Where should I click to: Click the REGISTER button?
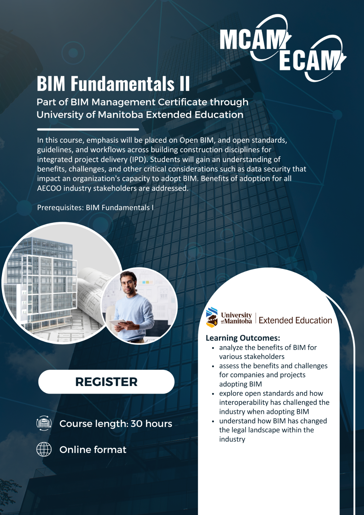pyautogui.click(x=106, y=382)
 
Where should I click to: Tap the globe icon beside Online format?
pyautogui.click(x=44, y=449)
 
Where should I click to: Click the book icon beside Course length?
pyautogui.click(x=44, y=423)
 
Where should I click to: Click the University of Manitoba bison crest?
pyautogui.click(x=212, y=317)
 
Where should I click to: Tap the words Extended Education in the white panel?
pyautogui.click(x=295, y=320)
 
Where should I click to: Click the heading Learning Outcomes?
pyautogui.click(x=243, y=338)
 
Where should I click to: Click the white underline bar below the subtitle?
pyautogui.click(x=88, y=130)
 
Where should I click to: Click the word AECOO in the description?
pyautogui.click(x=49, y=188)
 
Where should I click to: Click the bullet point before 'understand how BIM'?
pyautogui.click(x=213, y=421)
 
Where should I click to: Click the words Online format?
pyautogui.click(x=93, y=450)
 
